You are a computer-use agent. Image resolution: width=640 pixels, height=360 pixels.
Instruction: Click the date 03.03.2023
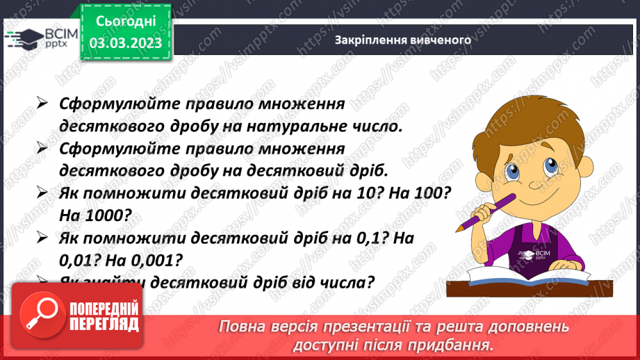click(126, 42)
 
